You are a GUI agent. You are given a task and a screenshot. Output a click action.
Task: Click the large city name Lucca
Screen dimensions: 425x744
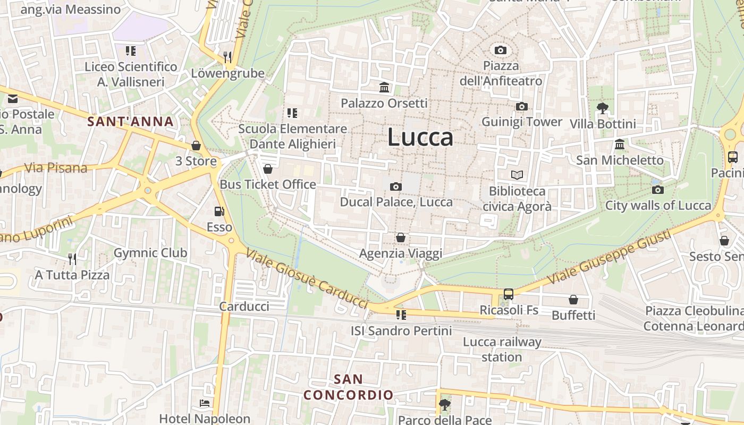420,137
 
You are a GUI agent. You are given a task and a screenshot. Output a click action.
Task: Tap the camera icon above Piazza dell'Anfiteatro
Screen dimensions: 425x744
500,50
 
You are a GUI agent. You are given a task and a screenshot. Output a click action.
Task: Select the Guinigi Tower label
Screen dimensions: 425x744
521,122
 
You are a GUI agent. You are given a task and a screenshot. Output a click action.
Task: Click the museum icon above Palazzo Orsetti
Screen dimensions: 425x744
384,87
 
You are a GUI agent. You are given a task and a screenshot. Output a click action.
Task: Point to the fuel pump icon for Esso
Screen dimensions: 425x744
219,211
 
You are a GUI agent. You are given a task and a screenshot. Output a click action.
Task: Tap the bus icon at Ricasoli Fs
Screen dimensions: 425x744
509,294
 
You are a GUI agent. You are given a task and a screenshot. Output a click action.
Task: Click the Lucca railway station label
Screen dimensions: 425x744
502,349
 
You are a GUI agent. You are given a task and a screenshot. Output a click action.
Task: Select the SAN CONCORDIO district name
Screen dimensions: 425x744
348,387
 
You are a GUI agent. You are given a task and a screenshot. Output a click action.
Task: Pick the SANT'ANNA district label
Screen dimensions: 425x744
130,122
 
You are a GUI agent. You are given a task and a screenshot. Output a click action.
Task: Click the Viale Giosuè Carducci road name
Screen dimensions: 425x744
307,278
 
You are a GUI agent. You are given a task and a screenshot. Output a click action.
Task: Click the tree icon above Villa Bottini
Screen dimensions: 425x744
602,108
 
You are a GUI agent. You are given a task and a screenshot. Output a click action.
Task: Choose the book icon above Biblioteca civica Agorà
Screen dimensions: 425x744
517,175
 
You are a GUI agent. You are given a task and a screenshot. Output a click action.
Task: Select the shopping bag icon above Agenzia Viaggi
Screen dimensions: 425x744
400,237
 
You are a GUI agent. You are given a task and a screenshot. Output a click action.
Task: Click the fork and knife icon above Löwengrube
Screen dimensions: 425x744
227,57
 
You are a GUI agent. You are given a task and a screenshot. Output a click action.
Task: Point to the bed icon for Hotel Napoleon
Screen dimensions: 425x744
204,403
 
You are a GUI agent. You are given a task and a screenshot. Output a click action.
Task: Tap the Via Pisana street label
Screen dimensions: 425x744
56,168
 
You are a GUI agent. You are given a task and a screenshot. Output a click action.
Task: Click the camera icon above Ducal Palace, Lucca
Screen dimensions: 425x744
395,186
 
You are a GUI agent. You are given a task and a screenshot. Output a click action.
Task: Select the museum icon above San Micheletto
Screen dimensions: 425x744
619,144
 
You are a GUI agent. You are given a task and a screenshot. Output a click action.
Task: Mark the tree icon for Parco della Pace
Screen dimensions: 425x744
444,405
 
